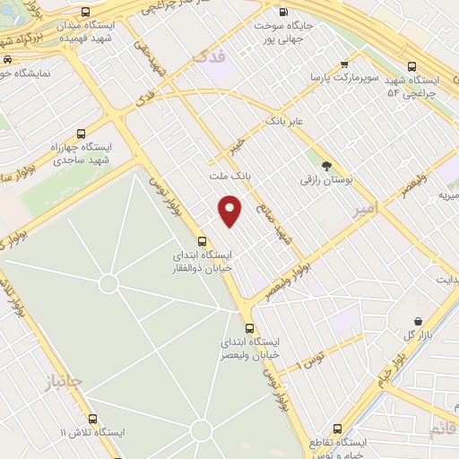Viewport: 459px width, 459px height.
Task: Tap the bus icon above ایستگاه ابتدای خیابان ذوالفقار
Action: pyautogui.click(x=202, y=240)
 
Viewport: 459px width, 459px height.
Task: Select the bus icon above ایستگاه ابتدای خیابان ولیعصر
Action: pyautogui.click(x=249, y=327)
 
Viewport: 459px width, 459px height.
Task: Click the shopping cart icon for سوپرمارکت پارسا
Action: pyautogui.click(x=345, y=65)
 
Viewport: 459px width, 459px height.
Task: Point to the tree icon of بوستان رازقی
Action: pyautogui.click(x=326, y=165)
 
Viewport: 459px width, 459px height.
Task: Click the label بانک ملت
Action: pyautogui.click(x=229, y=177)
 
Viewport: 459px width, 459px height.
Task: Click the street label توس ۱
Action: pyautogui.click(x=314, y=359)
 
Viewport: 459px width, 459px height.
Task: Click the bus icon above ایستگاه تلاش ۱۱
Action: pyautogui.click(x=92, y=418)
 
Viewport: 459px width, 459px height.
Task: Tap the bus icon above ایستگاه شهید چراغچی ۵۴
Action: pyautogui.click(x=411, y=66)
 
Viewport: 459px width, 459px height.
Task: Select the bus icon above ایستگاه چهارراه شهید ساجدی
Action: pyautogui.click(x=82, y=129)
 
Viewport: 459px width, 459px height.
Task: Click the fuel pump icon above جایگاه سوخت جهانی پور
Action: pyautogui.click(x=283, y=13)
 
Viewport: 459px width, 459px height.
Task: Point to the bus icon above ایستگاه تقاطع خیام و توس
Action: pyautogui.click(x=337, y=429)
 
